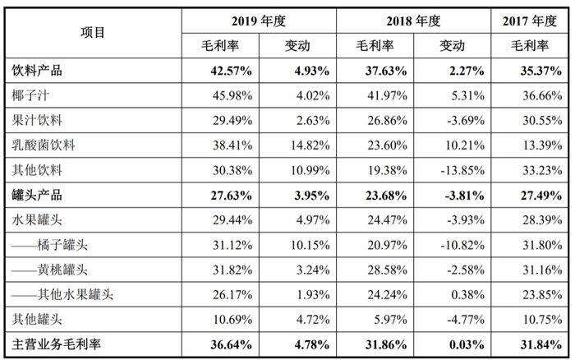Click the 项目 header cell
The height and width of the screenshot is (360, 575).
(93, 33)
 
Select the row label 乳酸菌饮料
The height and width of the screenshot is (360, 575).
(44, 145)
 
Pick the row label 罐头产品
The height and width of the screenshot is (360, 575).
(38, 196)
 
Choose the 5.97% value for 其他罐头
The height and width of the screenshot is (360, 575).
(382, 321)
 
